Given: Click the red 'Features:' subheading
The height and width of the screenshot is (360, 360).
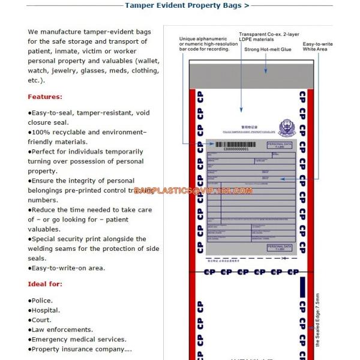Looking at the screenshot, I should point(45,97).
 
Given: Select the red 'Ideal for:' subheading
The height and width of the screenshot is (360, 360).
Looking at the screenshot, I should point(45,284).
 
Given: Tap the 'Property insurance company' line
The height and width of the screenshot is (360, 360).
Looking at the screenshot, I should point(79,349).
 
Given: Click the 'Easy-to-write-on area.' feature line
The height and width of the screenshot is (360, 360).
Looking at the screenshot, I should point(66,268).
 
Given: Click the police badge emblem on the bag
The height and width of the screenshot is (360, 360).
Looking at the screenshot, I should point(286,127).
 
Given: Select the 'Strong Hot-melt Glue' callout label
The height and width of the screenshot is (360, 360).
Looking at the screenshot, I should point(268,49).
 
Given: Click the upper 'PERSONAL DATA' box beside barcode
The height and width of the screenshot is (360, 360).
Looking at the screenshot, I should point(279,145).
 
